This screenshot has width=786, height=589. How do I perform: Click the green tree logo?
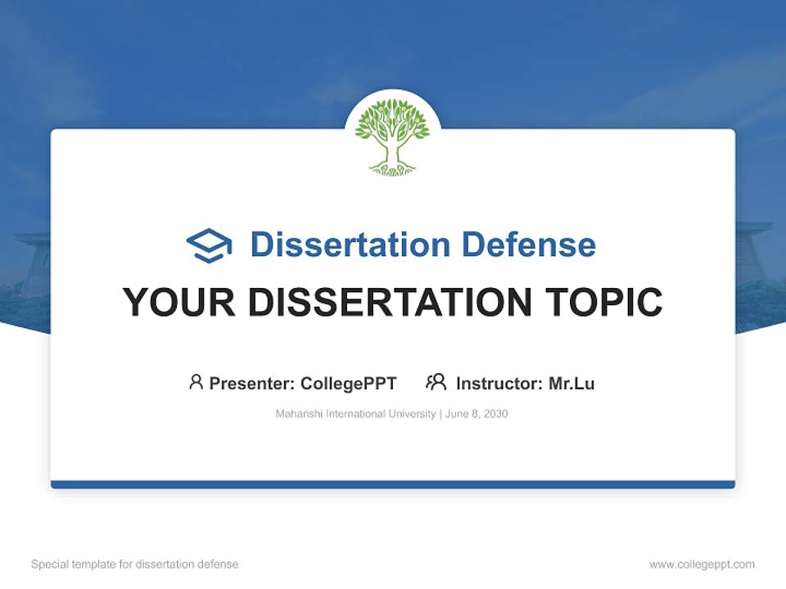point(392,136)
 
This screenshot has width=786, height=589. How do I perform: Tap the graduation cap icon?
point(209,245)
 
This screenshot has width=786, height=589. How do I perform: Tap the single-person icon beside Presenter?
point(196,382)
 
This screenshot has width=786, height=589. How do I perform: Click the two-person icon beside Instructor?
point(436,382)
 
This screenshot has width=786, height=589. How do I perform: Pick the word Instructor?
point(498,384)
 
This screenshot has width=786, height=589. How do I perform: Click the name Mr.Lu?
point(571,384)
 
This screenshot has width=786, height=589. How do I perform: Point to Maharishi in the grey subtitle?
point(299,414)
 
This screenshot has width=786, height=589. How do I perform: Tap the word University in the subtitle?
point(413,414)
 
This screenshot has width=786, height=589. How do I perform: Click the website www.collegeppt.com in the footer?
point(702,564)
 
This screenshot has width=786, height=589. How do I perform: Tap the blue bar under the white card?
point(393,484)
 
